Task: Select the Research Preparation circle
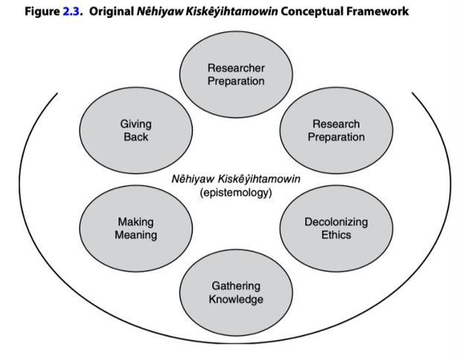coord(336,131)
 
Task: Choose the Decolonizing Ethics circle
coord(336,228)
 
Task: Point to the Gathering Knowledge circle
coord(236,292)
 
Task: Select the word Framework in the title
coord(375,13)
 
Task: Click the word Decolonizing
coord(336,222)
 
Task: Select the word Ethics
coord(336,235)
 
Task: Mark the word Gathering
coord(236,286)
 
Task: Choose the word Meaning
coord(135,235)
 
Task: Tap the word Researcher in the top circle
coord(236,68)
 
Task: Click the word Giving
coord(135,124)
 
